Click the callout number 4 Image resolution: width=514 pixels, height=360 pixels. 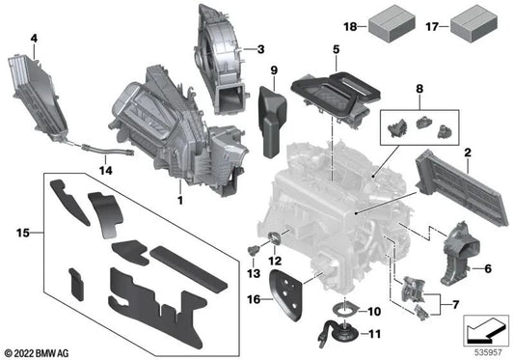[34, 39]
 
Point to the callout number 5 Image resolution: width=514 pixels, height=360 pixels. [335, 47]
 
